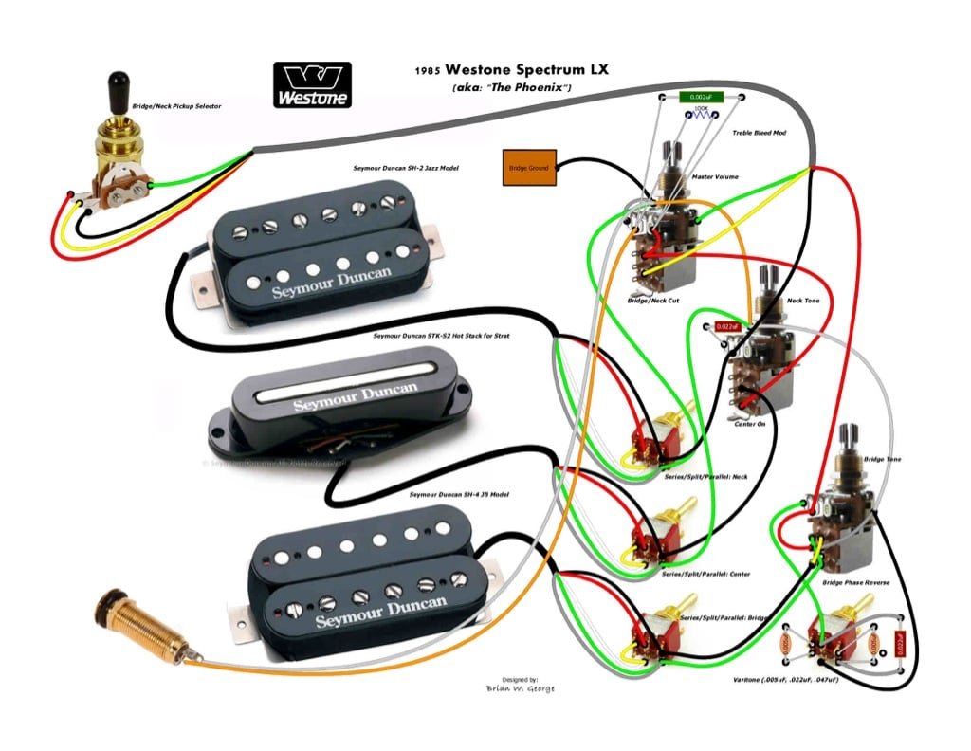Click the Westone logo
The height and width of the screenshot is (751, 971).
(x=312, y=84)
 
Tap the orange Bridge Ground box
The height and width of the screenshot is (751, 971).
(x=529, y=168)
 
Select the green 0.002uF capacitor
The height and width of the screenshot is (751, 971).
(x=701, y=97)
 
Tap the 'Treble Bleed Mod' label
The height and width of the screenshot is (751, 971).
(x=759, y=133)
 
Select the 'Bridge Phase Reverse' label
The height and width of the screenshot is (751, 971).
(x=855, y=582)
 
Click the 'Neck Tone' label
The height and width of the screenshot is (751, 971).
(x=803, y=301)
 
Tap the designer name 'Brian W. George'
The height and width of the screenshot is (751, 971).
(x=521, y=688)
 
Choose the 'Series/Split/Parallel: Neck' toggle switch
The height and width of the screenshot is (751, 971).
(x=657, y=437)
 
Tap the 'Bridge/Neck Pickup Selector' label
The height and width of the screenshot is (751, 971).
(x=176, y=106)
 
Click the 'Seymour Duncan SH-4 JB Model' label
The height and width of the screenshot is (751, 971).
(x=459, y=495)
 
